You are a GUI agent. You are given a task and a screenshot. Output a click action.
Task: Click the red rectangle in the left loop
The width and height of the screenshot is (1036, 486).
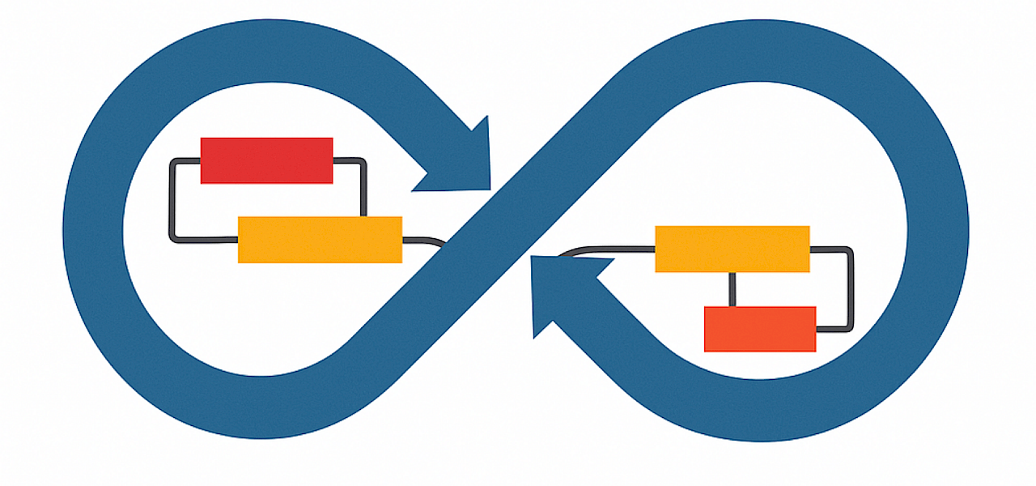[x=266, y=160]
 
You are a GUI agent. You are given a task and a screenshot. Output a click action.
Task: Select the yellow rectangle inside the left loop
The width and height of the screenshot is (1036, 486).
[x=320, y=240]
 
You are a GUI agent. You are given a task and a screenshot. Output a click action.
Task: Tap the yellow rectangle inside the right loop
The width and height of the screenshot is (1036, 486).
[x=732, y=249]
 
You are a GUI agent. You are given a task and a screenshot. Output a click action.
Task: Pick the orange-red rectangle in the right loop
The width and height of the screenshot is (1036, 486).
[x=760, y=329]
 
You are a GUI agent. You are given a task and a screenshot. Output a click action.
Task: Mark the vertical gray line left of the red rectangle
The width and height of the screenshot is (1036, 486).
[x=172, y=198]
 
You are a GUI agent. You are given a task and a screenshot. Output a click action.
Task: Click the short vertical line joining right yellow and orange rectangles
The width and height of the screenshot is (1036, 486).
[x=732, y=289]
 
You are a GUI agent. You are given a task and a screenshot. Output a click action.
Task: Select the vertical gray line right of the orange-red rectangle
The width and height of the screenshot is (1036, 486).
[x=849, y=292]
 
